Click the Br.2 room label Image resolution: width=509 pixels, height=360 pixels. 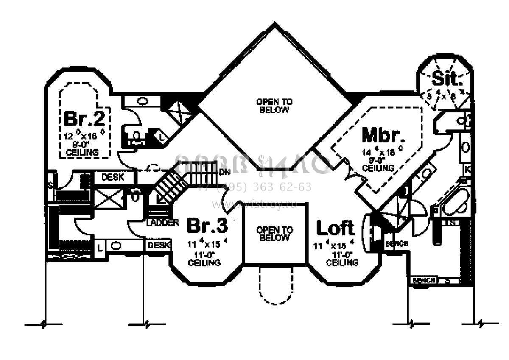point(84,118)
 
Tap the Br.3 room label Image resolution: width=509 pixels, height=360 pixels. point(207,226)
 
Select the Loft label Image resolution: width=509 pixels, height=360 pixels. point(336,228)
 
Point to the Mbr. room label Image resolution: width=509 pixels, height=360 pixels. point(383,135)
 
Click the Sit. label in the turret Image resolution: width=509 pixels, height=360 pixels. point(444,79)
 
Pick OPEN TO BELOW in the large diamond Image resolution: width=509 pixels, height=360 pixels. point(274,106)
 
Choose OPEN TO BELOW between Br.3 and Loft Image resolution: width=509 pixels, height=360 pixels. point(274,234)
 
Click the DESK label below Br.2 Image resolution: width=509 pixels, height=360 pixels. point(113,177)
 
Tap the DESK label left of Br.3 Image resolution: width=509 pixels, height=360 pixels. point(159,245)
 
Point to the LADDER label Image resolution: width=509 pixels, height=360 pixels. point(162,223)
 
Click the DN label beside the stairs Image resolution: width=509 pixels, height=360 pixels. point(224,172)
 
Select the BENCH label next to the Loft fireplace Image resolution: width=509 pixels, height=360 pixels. point(397,244)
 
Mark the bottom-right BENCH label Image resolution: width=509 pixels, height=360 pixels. point(424,280)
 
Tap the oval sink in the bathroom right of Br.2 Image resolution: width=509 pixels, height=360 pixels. point(143,101)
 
